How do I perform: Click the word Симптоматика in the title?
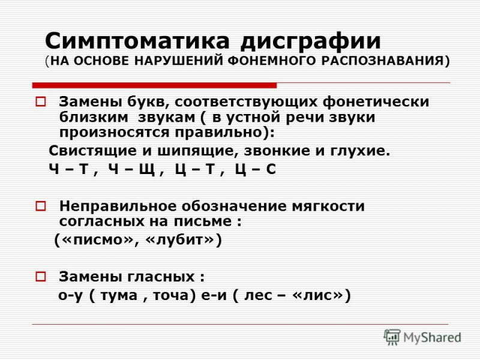pyautogui.click(x=137, y=41)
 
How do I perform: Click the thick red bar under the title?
pyautogui.click(x=155, y=85)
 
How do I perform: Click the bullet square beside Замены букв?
pyautogui.click(x=40, y=101)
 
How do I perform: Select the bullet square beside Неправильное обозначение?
pyautogui.click(x=40, y=206)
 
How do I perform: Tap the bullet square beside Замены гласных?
pyautogui.click(x=40, y=277)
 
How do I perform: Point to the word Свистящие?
pyautogui.click(x=93, y=152)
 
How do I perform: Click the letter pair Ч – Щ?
pyautogui.click(x=131, y=169)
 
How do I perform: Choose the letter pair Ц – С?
pyautogui.click(x=256, y=169)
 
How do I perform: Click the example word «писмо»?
pyautogui.click(x=97, y=239)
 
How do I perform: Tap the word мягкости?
pyautogui.click(x=328, y=206)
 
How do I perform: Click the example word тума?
pyautogui.click(x=119, y=296)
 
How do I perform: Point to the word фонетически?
pyautogui.click(x=376, y=102)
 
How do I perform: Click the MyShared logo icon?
pyautogui.click(x=392, y=337)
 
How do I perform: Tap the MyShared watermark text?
pyautogui.click(x=432, y=338)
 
